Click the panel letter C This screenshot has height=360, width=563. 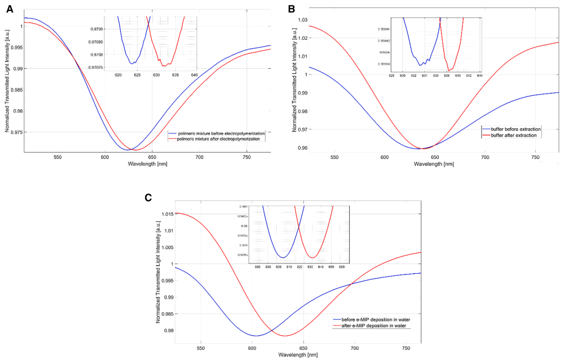(149, 198)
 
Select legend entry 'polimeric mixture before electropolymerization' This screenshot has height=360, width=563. (220, 133)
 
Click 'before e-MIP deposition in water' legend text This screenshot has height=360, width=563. (376, 319)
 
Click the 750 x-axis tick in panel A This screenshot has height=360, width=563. (247, 157)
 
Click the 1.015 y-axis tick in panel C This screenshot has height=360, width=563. (162, 214)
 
